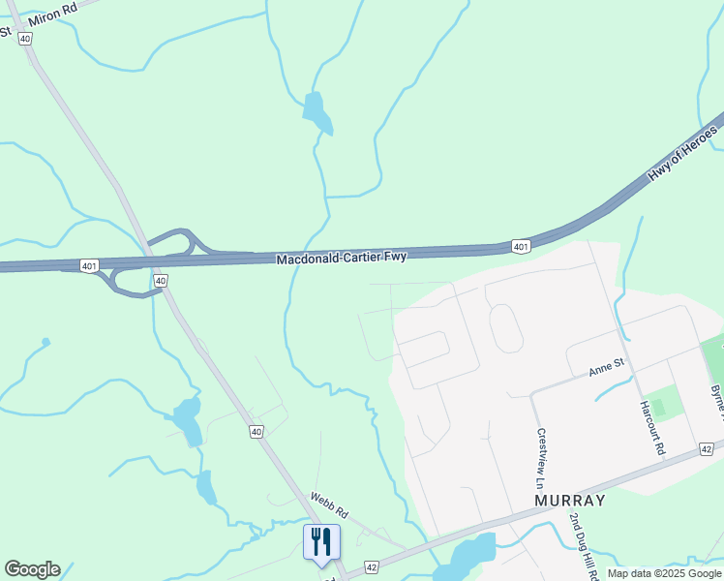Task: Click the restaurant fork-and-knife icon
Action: coord(322,541)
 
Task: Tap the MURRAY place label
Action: coord(569,501)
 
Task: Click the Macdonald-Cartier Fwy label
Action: coord(341,258)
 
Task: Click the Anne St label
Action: coord(608,368)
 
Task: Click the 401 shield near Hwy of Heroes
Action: coord(521,247)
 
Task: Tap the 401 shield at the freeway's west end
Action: coord(89,265)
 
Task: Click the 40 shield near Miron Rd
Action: coord(25,38)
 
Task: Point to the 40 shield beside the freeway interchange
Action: coord(161,280)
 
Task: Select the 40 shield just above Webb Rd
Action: coord(256,432)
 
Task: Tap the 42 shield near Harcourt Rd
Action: coord(706,449)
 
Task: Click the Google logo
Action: coord(32,569)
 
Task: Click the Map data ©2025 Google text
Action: coord(664,573)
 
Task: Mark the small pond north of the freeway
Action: coord(317,113)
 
